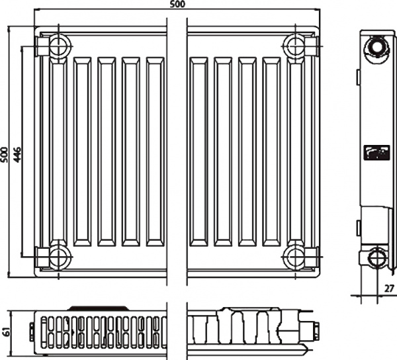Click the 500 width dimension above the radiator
177,5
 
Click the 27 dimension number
388,289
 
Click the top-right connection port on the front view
295,47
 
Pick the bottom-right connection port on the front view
295,254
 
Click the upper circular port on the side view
376,48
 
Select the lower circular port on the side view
376,257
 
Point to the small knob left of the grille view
32,327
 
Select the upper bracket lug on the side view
359,77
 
